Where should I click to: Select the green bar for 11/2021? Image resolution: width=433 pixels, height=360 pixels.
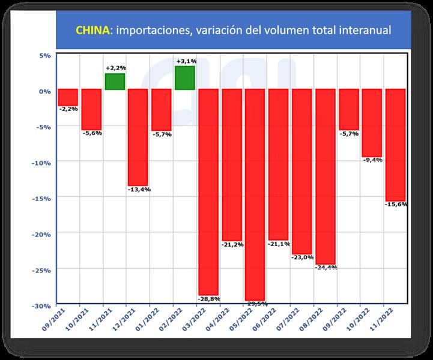pyautogui.click(x=115, y=82)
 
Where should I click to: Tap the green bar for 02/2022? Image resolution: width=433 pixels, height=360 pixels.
pyautogui.click(x=185, y=78)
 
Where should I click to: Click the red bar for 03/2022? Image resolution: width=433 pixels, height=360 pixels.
pyautogui.click(x=208, y=192)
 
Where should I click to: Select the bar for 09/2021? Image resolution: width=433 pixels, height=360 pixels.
pyautogui.click(x=68, y=98)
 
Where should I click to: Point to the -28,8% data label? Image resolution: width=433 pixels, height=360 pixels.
pyautogui.click(x=209, y=298)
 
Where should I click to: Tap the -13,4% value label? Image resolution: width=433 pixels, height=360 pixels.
pyautogui.click(x=139, y=190)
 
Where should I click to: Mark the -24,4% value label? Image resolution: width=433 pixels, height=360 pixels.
pyautogui.click(x=326, y=268)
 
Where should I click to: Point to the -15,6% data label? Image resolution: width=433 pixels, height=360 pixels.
pyautogui.click(x=396, y=205)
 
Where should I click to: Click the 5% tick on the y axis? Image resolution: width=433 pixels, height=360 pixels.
pyautogui.click(x=45, y=56)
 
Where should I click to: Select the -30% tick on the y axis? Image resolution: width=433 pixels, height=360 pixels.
pyautogui.click(x=41, y=305)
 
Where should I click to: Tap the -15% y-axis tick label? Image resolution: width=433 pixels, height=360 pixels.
pyautogui.click(x=41, y=199)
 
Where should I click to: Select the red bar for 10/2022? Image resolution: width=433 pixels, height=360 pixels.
pyautogui.click(x=372, y=122)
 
